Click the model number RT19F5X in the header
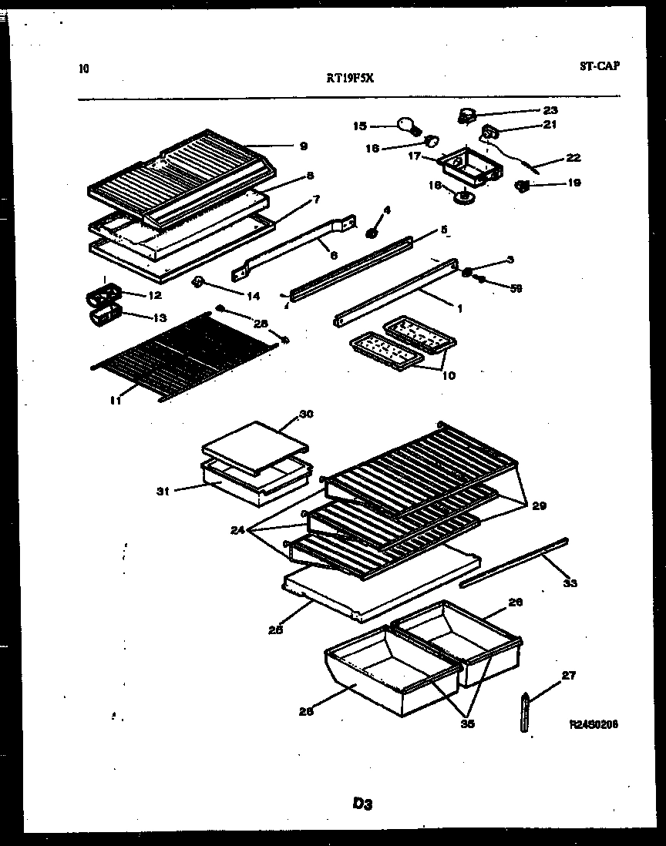point(351,77)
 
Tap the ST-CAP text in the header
point(599,65)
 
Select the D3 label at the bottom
point(362,804)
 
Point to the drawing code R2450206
point(594,724)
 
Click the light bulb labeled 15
point(406,124)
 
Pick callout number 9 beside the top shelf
point(303,146)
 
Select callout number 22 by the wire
point(573,158)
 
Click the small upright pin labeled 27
point(525,713)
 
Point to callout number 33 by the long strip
point(570,583)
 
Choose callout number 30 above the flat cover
point(306,414)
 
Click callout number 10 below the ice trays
point(448,376)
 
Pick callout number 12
point(154,295)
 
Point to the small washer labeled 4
point(371,232)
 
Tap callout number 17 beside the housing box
point(414,156)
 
